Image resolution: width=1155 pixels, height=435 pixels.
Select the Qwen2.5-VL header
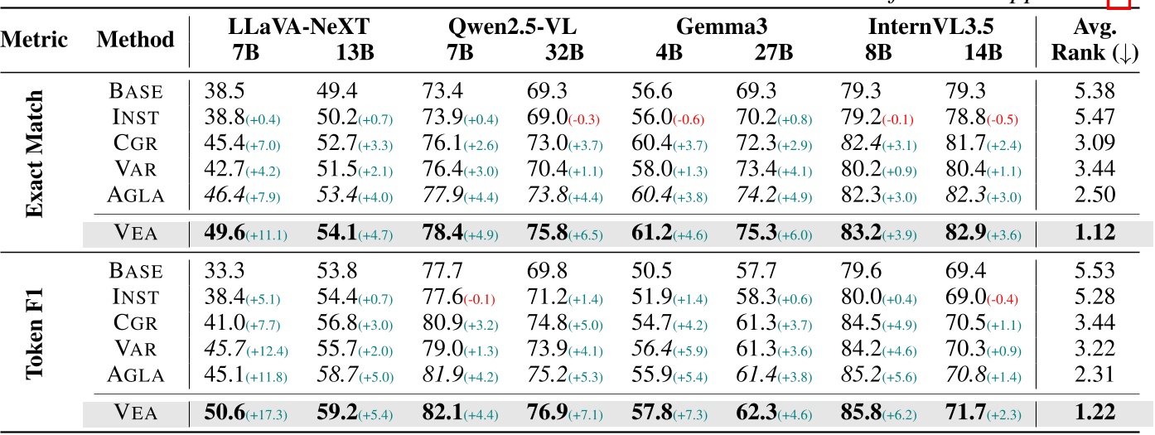[x=506, y=27]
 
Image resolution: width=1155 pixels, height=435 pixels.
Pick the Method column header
[x=135, y=38]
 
